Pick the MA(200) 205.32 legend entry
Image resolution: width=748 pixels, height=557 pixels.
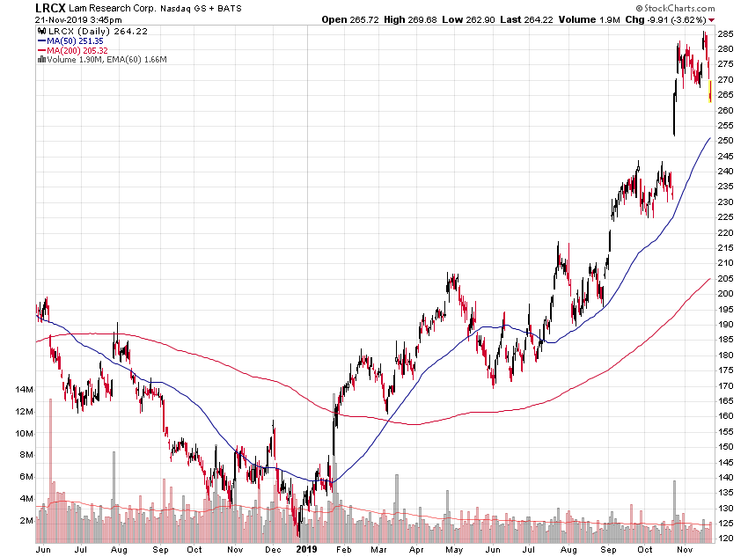84,50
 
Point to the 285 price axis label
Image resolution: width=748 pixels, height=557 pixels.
726,33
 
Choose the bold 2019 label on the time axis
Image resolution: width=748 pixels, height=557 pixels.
304,549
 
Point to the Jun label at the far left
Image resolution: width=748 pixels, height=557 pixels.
41,549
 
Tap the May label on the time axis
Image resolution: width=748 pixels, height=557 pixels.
454,549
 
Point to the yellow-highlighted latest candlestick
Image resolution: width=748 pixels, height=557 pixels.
710,91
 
